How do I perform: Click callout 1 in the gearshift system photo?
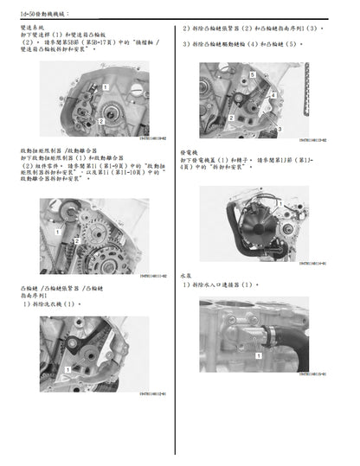click(x=105, y=87)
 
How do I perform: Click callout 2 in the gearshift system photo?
click(x=100, y=122)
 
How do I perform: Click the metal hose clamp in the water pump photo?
click(x=269, y=333)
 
